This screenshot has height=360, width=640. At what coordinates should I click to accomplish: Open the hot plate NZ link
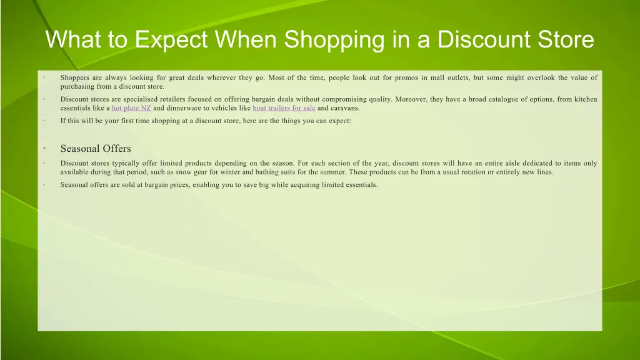131,108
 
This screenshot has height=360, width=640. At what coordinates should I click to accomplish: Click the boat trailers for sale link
284,108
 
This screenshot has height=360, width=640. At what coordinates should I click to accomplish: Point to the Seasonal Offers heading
96,149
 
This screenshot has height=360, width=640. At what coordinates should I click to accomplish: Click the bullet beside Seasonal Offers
44,149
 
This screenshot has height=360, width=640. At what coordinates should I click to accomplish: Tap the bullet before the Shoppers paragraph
44,78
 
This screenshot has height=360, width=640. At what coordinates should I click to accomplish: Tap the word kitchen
585,99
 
